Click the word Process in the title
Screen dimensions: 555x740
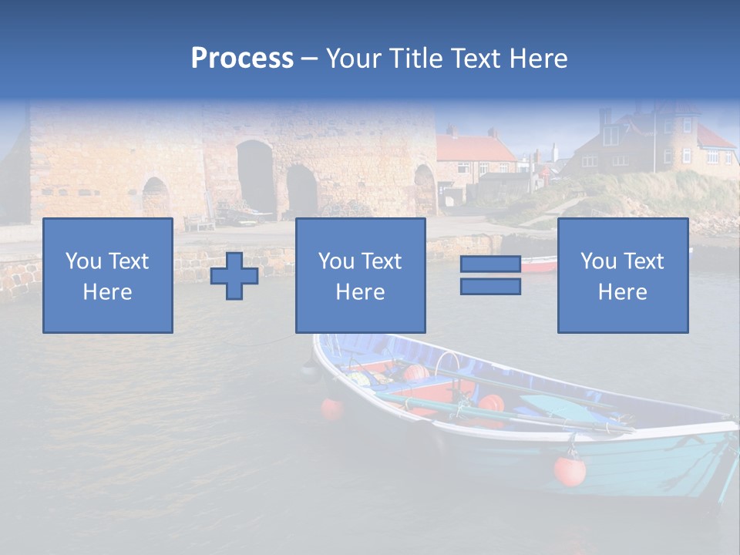click(242, 59)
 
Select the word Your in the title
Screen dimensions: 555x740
click(355, 59)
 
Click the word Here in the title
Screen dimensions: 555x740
click(538, 59)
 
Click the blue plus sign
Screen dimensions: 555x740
click(234, 276)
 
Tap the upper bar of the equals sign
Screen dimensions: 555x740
click(490, 264)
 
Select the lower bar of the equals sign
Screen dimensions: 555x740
click(490, 287)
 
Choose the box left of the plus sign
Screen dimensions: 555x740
click(108, 275)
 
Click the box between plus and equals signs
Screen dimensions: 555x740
click(360, 275)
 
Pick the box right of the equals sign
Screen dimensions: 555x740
click(623, 275)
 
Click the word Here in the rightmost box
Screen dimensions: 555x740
click(623, 292)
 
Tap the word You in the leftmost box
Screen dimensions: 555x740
click(83, 261)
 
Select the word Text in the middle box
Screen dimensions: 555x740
click(382, 261)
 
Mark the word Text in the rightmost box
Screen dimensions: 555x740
click(644, 261)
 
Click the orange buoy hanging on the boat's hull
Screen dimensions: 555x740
click(570, 470)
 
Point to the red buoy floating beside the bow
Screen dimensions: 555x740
click(332, 409)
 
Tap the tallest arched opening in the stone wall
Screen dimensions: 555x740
click(255, 177)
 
